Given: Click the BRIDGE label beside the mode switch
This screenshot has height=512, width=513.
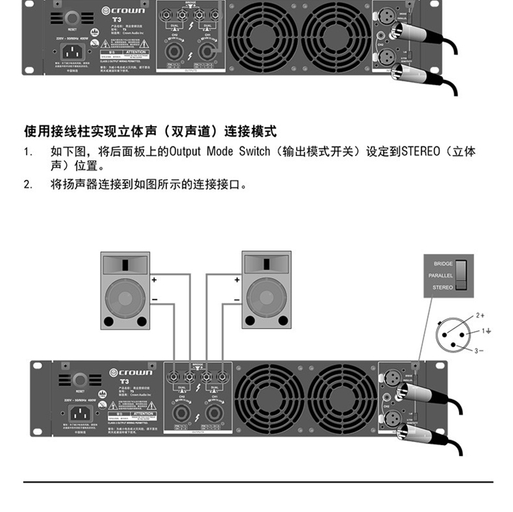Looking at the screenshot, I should tap(443, 263).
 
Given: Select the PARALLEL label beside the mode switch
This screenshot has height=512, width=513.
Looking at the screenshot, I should tap(440, 275).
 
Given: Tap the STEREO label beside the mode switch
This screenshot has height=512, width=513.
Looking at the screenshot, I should tap(443, 287).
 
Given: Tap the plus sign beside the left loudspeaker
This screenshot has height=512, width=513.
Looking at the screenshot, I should tap(154, 280).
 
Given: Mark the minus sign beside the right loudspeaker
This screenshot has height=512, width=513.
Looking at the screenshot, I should tap(237, 300).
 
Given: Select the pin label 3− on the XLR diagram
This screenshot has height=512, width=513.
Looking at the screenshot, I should tap(479, 350).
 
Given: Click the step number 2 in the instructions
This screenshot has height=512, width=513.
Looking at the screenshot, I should tap(27, 184).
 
